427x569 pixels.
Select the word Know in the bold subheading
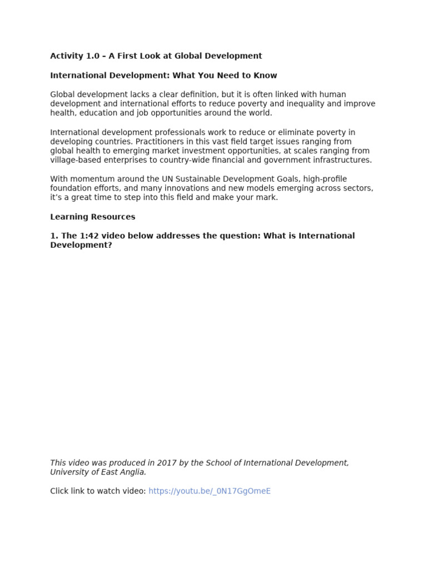[266, 76]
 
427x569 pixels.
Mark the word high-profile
[325, 179]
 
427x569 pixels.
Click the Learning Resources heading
[92, 217]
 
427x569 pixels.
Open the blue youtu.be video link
[210, 491]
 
